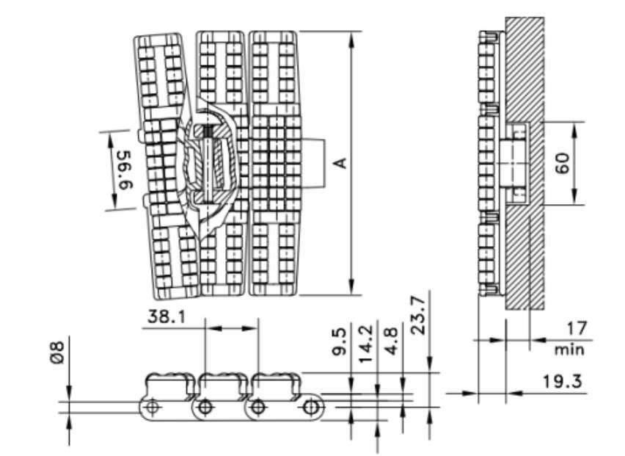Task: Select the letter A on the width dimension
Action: click(x=340, y=163)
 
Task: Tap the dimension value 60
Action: click(x=562, y=162)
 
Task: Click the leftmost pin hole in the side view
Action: click(x=152, y=407)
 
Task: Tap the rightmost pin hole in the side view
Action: click(x=312, y=407)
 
